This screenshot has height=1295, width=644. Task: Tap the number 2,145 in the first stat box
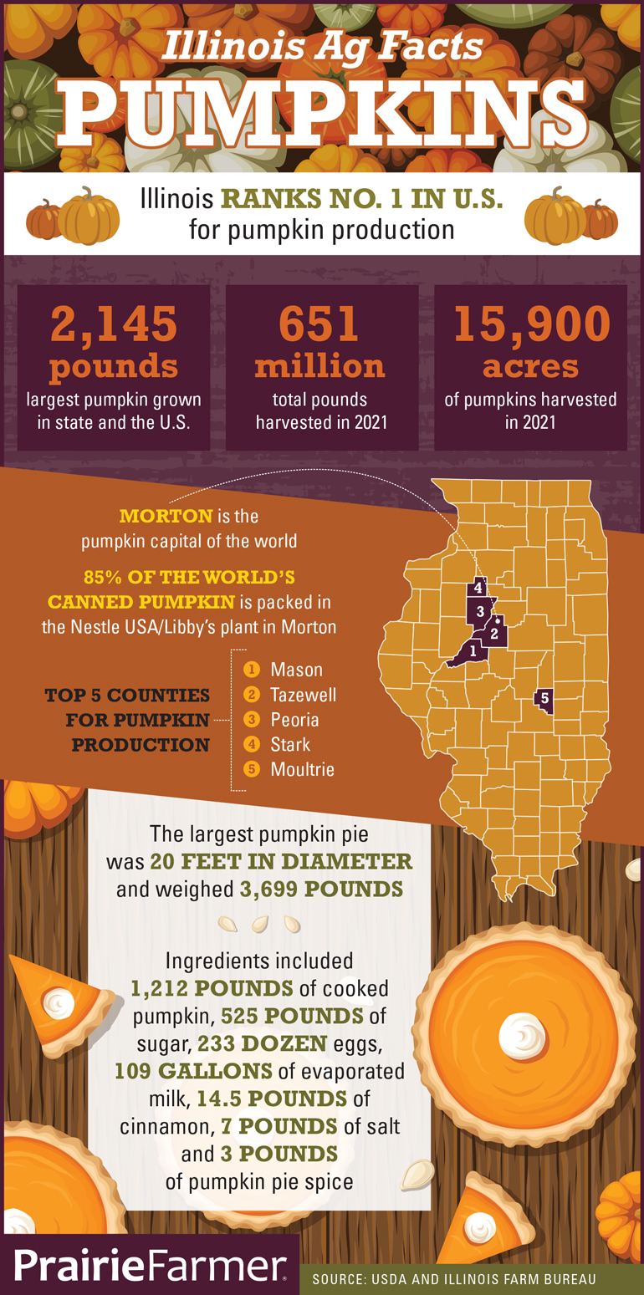coord(114,324)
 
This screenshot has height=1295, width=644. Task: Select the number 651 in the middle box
coord(319,324)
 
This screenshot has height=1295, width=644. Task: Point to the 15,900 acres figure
coord(531,324)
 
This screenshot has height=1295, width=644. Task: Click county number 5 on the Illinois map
coord(544,697)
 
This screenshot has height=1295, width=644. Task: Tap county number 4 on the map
coord(478,588)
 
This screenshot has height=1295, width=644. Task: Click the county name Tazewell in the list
coord(303,694)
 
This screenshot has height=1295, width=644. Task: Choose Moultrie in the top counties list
coord(302,769)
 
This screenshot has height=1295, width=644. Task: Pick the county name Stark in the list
coord(290,744)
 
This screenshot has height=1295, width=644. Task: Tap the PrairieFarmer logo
coord(149,1267)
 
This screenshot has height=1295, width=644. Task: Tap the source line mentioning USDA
coord(454,1279)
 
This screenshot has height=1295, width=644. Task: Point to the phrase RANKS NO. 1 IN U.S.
coord(361,199)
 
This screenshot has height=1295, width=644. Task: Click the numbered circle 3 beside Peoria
coord(250,719)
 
